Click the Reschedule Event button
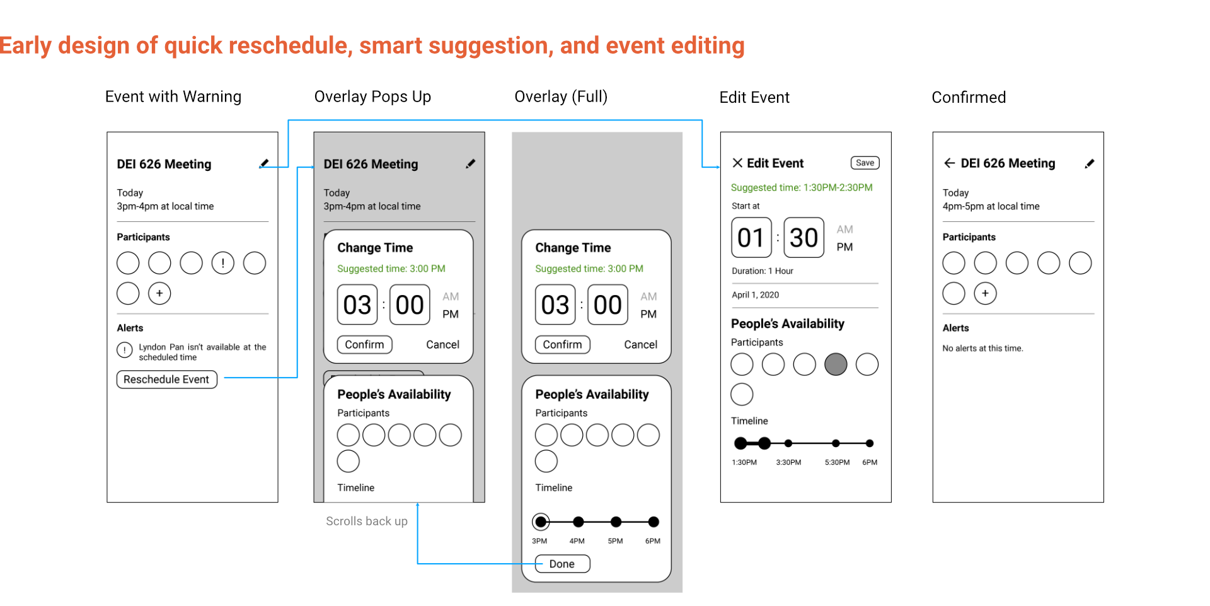click(x=166, y=379)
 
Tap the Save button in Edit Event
click(x=865, y=163)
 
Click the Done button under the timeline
click(x=562, y=564)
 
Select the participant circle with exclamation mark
click(x=222, y=263)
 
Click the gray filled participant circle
click(x=836, y=364)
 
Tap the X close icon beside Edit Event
click(x=737, y=163)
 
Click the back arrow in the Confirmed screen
click(x=949, y=163)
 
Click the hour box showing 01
click(x=751, y=238)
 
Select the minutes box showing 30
click(x=804, y=238)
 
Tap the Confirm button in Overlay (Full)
click(x=562, y=344)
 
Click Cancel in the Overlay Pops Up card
click(x=442, y=344)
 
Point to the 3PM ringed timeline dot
click(x=541, y=522)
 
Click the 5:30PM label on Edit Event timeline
click(x=837, y=462)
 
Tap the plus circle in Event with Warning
click(x=159, y=293)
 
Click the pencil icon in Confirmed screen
click(x=1089, y=164)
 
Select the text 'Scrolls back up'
click(x=367, y=522)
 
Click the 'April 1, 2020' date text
click(x=755, y=294)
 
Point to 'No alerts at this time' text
click(x=982, y=348)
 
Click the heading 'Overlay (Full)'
click(x=561, y=96)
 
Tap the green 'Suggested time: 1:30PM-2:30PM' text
click(x=802, y=187)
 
